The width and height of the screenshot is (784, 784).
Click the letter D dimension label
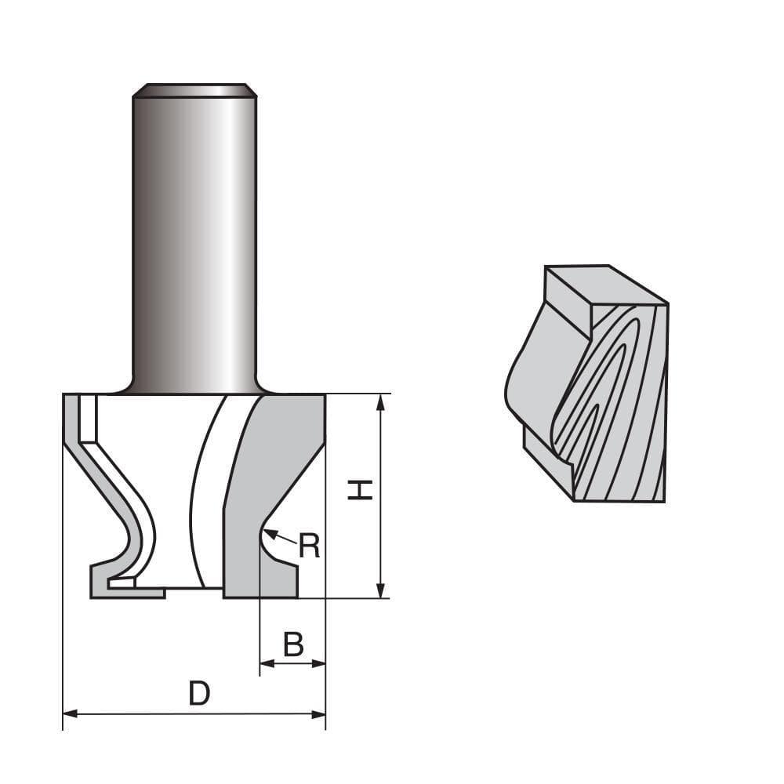click(199, 693)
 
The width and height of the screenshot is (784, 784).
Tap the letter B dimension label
click(293, 644)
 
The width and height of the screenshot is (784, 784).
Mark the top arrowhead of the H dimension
click(381, 401)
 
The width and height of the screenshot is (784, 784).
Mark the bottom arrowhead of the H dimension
click(381, 590)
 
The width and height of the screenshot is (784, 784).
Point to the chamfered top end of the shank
click(194, 90)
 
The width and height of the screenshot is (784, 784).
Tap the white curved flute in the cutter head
click(210, 486)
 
